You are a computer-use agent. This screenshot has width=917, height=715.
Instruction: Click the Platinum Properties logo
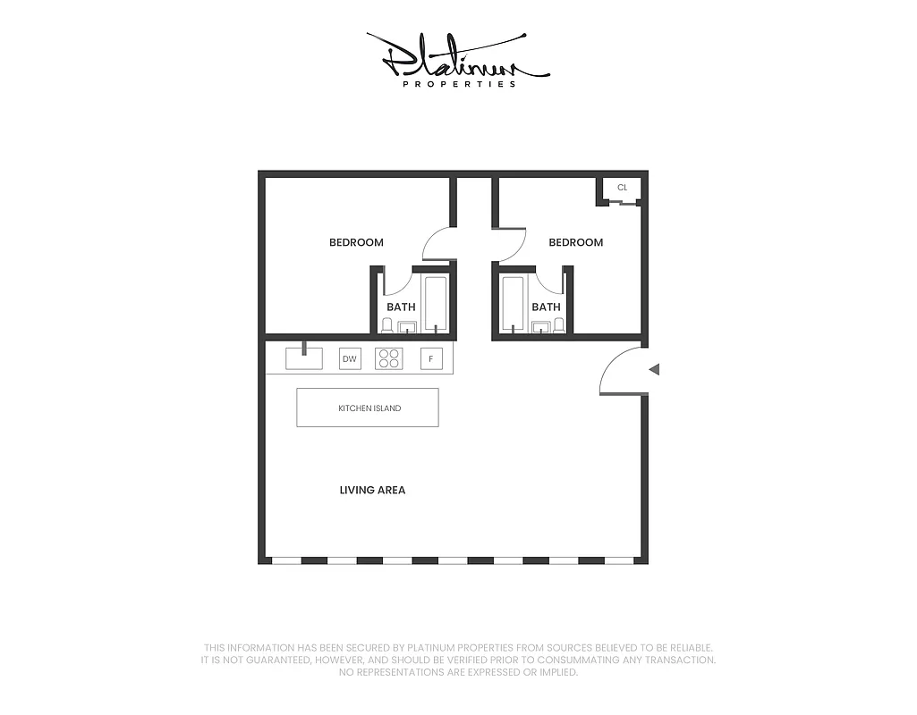tap(457, 57)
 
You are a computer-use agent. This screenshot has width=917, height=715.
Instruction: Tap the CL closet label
tap(623, 188)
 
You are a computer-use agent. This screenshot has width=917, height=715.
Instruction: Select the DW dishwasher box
tap(350, 359)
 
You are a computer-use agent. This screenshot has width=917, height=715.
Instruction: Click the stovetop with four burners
tap(389, 359)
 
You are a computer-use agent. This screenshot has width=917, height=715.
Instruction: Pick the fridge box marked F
tap(431, 359)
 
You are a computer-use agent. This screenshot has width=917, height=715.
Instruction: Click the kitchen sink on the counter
tap(303, 357)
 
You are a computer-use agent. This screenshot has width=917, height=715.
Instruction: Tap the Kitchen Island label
tap(369, 408)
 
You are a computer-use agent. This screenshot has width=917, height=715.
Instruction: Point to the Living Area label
tap(372, 490)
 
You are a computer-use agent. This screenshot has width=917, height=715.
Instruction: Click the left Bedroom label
tap(356, 242)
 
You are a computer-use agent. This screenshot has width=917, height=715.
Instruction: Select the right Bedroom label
tap(575, 242)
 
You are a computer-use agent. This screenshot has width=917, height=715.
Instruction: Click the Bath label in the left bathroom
tap(401, 307)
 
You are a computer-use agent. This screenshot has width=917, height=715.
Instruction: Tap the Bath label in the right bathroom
tap(546, 307)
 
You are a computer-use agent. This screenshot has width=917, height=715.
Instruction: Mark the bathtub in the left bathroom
tap(436, 304)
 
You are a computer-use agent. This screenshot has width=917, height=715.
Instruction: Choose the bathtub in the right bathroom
tap(513, 304)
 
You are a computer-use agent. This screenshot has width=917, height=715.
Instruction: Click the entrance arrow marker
tap(654, 369)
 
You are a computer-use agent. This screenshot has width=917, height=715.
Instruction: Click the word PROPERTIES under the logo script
tap(459, 84)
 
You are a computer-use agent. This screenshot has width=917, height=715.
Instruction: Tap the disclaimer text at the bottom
tap(458, 660)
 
